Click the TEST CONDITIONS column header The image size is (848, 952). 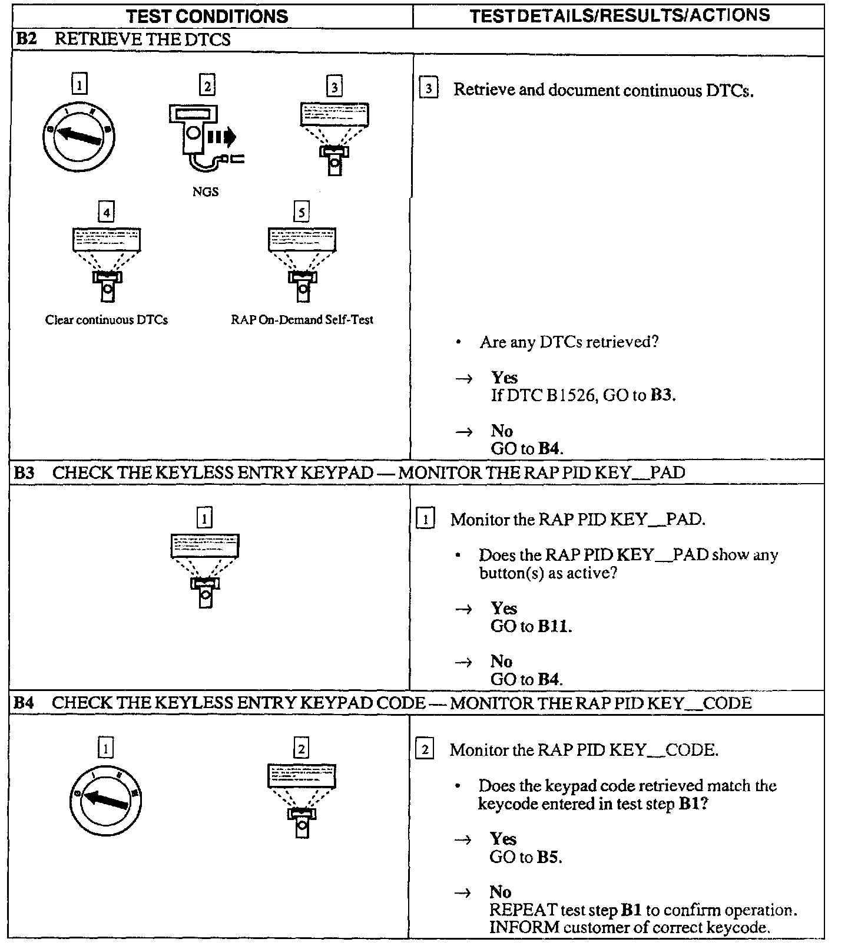[207, 16]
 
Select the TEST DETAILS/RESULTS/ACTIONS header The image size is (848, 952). [620, 15]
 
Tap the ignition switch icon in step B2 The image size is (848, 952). [79, 137]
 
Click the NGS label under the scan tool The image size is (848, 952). [206, 191]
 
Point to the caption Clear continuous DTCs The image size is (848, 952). [107, 320]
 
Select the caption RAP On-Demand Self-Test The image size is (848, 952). [302, 320]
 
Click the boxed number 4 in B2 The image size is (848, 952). [107, 212]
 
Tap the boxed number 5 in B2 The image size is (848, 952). [302, 212]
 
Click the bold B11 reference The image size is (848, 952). [554, 626]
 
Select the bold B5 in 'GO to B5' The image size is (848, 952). [548, 857]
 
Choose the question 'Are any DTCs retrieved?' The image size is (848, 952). [569, 342]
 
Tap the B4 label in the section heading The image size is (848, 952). [24, 703]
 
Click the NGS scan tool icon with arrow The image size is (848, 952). [203, 137]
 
